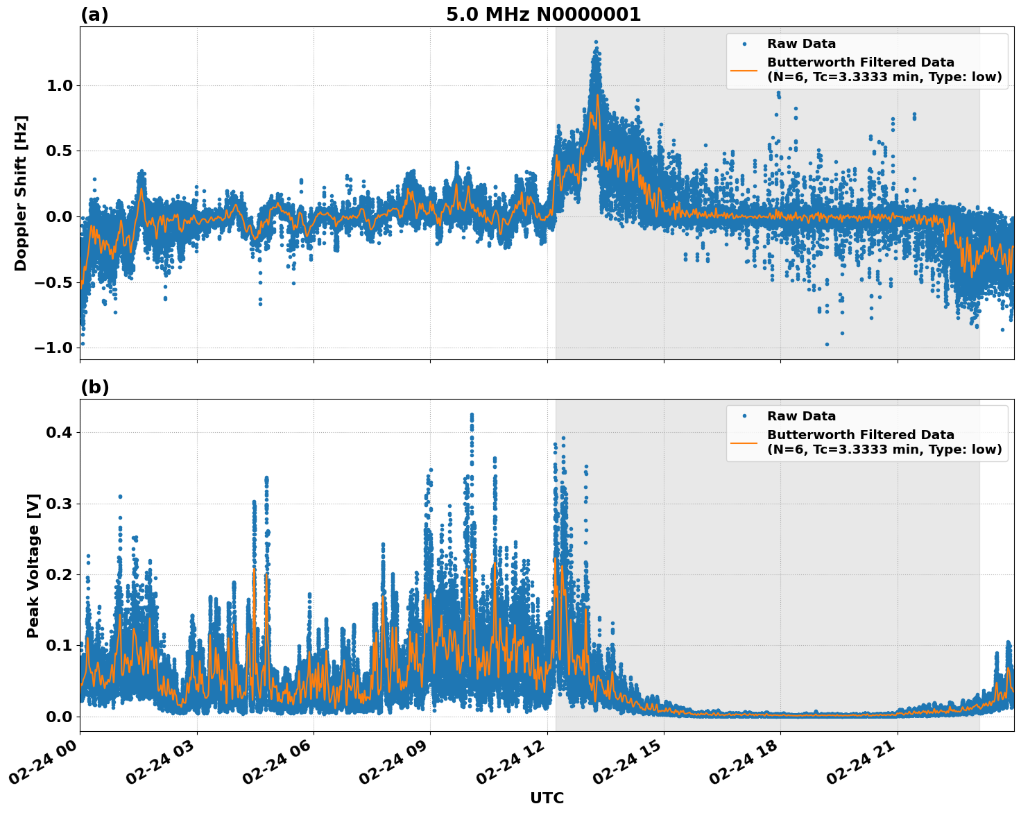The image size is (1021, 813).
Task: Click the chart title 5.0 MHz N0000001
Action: point(543,15)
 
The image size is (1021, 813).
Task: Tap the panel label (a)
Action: point(94,15)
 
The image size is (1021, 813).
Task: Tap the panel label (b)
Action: point(94,387)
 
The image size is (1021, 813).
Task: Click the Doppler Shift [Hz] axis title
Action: point(21,193)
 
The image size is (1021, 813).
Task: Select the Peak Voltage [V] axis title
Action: point(33,565)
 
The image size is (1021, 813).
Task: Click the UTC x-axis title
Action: point(547,798)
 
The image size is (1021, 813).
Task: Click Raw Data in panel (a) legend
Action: point(801,44)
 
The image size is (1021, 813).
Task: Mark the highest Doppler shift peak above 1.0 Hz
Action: point(596,43)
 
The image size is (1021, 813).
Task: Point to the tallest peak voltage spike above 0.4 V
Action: point(472,415)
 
